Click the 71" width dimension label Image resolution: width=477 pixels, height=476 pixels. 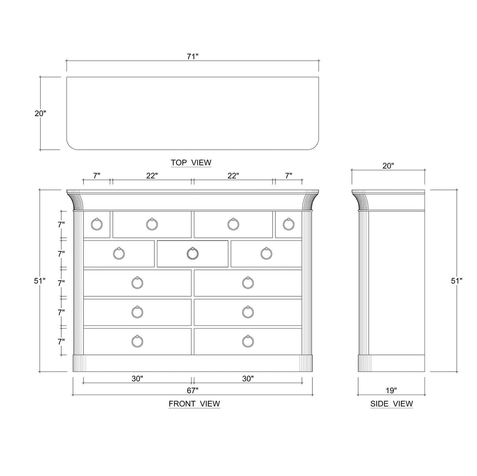click(192, 56)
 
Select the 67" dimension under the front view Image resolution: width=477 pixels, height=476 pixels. click(192, 391)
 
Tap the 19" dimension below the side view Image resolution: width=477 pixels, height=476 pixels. click(391, 391)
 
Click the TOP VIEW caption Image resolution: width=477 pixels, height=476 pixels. click(191, 163)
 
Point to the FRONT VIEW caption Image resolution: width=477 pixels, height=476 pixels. click(194, 404)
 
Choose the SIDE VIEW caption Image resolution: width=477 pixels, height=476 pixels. click(392, 404)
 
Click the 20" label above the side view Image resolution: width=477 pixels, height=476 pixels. click(388, 166)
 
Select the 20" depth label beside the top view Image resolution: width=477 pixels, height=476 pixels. click(40, 113)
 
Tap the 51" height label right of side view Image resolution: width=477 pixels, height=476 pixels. click(457, 281)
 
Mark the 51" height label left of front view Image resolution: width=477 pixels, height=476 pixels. click(39, 281)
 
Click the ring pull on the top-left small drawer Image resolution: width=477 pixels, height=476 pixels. click(97, 224)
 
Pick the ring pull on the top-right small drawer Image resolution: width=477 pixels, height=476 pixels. click(289, 224)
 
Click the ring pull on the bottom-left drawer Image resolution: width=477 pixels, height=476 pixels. click(137, 341)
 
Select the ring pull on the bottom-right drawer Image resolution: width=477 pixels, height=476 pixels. click(248, 341)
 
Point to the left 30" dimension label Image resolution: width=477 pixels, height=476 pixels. click(138, 379)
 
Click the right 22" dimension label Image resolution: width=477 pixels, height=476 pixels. click(233, 176)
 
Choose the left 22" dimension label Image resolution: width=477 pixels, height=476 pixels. click(152, 176)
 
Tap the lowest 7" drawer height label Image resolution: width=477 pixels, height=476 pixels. click(61, 341)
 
